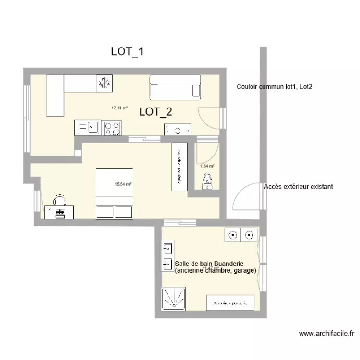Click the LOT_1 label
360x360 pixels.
127,52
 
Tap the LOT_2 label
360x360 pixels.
156,112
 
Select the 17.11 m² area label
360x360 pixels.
120,108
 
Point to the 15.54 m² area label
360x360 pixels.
123,184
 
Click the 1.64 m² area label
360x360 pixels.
207,166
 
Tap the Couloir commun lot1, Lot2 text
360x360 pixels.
275,87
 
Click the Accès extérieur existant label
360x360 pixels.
298,186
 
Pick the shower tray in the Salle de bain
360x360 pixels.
174,299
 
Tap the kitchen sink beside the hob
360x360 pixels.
88,127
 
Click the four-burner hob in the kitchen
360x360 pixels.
112,128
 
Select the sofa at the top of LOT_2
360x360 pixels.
175,87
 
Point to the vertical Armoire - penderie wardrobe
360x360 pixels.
179,165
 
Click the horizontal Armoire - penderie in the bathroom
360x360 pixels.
230,302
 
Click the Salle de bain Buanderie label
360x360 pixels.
210,264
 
